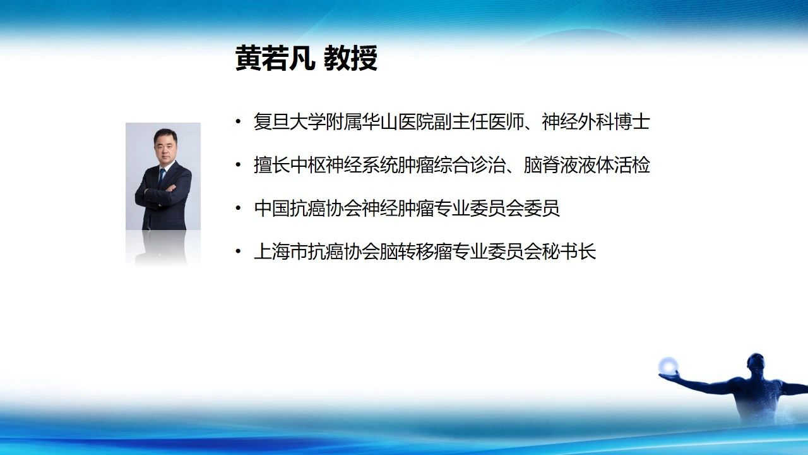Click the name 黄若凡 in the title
(x=275, y=58)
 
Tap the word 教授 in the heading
(x=350, y=58)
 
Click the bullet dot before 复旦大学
(x=238, y=122)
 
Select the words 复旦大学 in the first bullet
(x=290, y=122)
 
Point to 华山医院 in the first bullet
(x=398, y=122)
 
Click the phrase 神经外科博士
(x=596, y=122)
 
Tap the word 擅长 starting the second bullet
(x=271, y=165)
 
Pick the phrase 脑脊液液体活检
(x=587, y=165)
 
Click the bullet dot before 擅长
(x=238, y=165)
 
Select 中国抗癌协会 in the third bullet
(x=307, y=209)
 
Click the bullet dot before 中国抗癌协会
(x=238, y=209)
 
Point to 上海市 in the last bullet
(x=281, y=252)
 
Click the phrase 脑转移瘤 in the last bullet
(x=416, y=252)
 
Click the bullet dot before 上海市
(x=238, y=252)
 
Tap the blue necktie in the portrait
(x=162, y=176)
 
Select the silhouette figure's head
(x=756, y=365)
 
